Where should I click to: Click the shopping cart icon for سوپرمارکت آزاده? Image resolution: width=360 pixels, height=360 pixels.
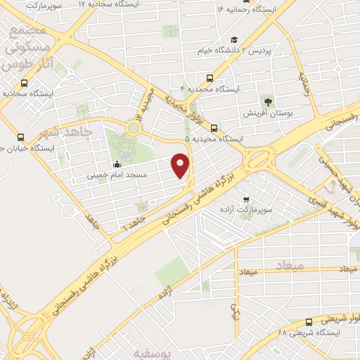tap(245, 200)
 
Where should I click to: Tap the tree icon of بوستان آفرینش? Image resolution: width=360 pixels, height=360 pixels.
tap(267, 101)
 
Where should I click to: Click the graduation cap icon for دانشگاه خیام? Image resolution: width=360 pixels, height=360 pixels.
tap(233, 40)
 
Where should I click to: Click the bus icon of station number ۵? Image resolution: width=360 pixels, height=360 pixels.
tap(213, 128)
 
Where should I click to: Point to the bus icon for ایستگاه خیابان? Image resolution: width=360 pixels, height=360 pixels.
tap(21, 138)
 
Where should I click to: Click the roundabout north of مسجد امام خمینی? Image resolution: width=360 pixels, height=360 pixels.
tap(133, 128)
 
